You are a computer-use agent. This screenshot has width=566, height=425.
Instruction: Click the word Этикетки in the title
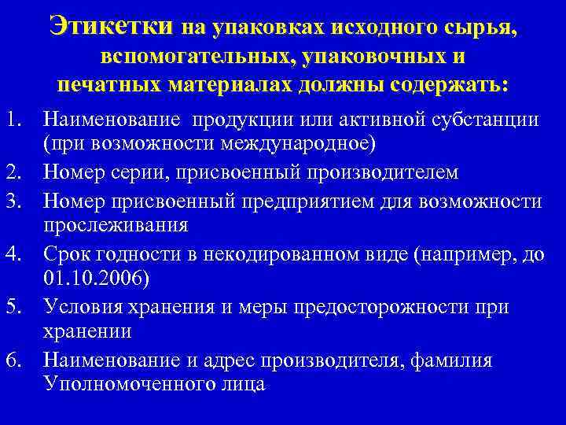(x=109, y=27)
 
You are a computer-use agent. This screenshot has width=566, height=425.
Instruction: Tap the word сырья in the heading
(x=479, y=28)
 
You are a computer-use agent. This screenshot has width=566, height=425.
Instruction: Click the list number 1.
(x=16, y=120)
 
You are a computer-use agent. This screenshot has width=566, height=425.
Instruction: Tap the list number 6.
(x=16, y=361)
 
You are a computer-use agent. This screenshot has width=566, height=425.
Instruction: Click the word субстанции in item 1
(x=486, y=120)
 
